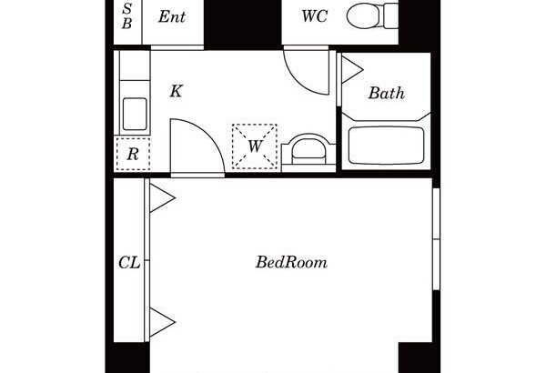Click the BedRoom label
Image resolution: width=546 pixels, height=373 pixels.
pos(291,262)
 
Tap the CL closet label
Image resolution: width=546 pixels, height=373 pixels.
pos(129,263)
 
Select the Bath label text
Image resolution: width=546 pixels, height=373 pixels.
pos(387,93)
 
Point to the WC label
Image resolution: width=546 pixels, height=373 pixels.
pos(315,16)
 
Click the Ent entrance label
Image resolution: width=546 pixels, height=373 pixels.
pos(172,16)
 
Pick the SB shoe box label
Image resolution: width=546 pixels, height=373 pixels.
pos(127,16)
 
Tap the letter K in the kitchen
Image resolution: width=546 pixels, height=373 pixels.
pos(176,91)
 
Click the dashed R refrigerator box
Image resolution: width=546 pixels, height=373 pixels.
pos(133,154)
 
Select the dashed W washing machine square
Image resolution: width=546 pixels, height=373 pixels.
pos(255,146)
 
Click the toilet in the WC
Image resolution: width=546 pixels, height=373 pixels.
pos(372,15)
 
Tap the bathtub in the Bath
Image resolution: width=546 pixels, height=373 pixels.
pos(386,146)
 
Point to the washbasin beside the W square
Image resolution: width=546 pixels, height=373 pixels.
pos(308,150)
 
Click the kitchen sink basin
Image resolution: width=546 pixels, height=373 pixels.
pos(135,115)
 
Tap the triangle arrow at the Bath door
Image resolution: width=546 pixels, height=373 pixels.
pos(352,70)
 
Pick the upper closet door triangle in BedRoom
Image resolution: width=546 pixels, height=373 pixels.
pos(162,198)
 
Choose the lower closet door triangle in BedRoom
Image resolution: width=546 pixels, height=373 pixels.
pos(162,322)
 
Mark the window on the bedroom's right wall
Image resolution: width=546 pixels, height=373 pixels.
pos(436,239)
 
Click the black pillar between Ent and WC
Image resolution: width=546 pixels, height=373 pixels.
pos(242,23)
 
